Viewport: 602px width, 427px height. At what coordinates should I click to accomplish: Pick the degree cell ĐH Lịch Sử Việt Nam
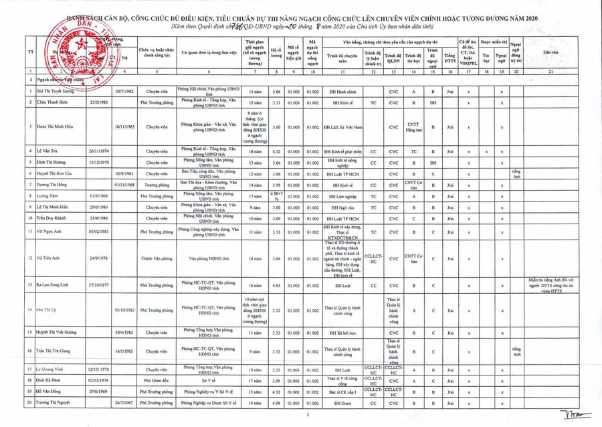pos(342,127)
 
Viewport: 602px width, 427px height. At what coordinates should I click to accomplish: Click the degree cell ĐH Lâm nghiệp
pos(342,196)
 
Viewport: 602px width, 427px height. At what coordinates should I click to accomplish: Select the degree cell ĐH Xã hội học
pos(342,333)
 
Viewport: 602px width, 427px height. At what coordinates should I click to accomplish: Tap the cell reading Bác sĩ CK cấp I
pos(342,392)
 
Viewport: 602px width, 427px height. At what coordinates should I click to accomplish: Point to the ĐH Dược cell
pos(342,404)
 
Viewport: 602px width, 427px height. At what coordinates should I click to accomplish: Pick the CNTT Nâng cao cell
pos(413,127)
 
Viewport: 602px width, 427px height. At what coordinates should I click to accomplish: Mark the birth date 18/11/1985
pos(124,127)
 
